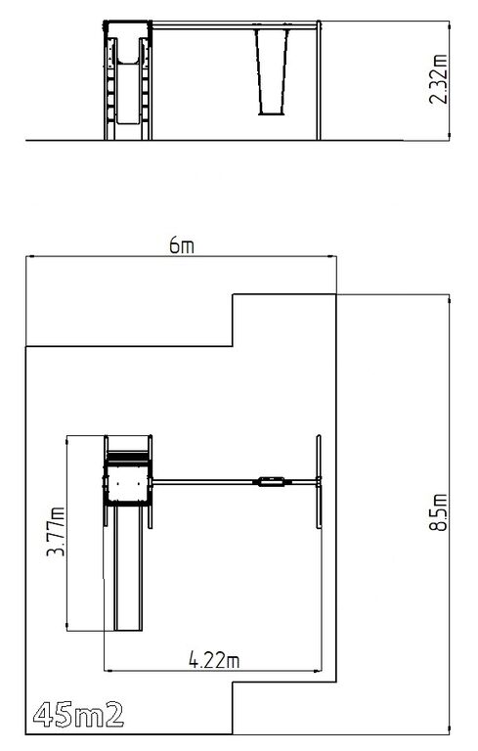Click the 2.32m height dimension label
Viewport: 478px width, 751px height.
click(438, 79)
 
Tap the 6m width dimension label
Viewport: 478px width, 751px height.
click(182, 245)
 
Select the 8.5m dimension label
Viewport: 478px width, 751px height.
click(438, 512)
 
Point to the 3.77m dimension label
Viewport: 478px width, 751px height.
click(56, 531)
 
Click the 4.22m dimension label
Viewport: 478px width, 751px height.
click(214, 660)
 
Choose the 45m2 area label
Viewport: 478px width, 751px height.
click(78, 716)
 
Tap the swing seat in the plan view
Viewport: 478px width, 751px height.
click(271, 481)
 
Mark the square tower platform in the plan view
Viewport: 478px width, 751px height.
click(128, 483)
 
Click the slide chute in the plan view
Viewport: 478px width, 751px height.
click(128, 568)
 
